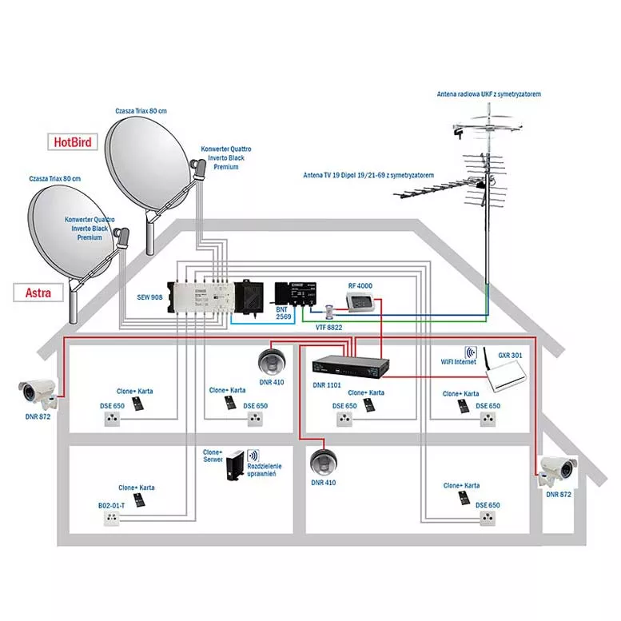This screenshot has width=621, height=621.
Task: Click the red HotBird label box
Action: click(73, 142)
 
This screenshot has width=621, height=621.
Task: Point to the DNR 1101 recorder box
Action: click(352, 365)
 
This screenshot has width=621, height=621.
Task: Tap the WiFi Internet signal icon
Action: click(471, 352)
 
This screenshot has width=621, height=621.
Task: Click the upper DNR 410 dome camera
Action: click(273, 361)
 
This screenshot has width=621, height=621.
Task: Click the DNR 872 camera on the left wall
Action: click(38, 391)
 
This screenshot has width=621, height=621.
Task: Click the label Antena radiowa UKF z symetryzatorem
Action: click(488, 94)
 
